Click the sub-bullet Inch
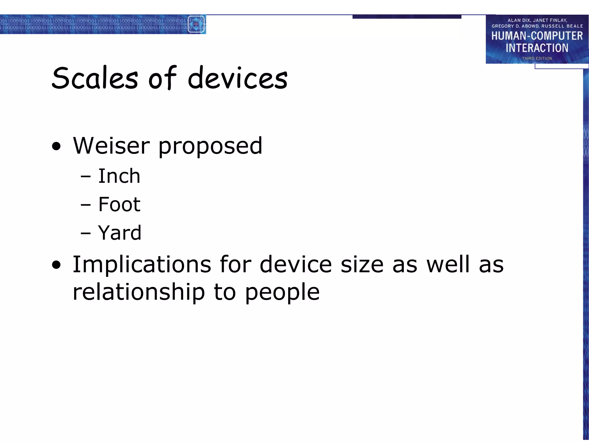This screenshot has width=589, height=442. click(119, 176)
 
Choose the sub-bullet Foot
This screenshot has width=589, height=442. click(119, 204)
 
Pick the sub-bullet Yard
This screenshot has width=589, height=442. click(120, 233)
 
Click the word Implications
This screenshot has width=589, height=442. click(142, 264)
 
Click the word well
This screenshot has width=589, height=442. click(448, 264)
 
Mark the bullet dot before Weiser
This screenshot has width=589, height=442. click(57, 146)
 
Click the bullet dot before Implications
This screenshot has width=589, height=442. click(57, 265)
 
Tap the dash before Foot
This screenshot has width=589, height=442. click(85, 205)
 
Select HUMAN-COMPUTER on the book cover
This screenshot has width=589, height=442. click(537, 36)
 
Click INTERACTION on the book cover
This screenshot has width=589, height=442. click(537, 48)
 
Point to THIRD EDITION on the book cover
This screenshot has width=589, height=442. click(537, 58)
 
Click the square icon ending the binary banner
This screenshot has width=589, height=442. click(196, 24)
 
